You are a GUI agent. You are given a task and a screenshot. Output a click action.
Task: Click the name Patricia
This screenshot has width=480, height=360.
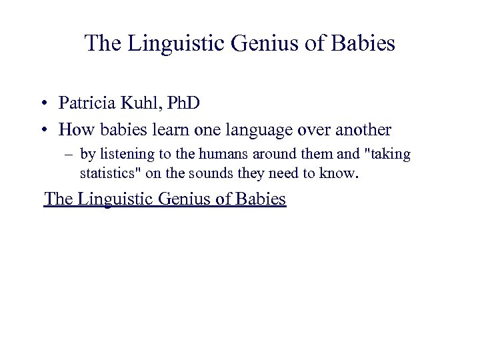(85, 104)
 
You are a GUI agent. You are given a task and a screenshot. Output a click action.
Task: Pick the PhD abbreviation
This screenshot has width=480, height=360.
(182, 104)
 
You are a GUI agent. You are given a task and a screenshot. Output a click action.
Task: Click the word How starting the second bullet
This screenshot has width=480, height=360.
(74, 129)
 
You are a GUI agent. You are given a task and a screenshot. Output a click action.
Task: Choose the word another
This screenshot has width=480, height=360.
(363, 129)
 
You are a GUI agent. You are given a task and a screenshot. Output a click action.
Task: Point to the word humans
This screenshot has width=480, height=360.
(218, 155)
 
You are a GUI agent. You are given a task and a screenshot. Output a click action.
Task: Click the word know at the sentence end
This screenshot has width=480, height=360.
(341, 175)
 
